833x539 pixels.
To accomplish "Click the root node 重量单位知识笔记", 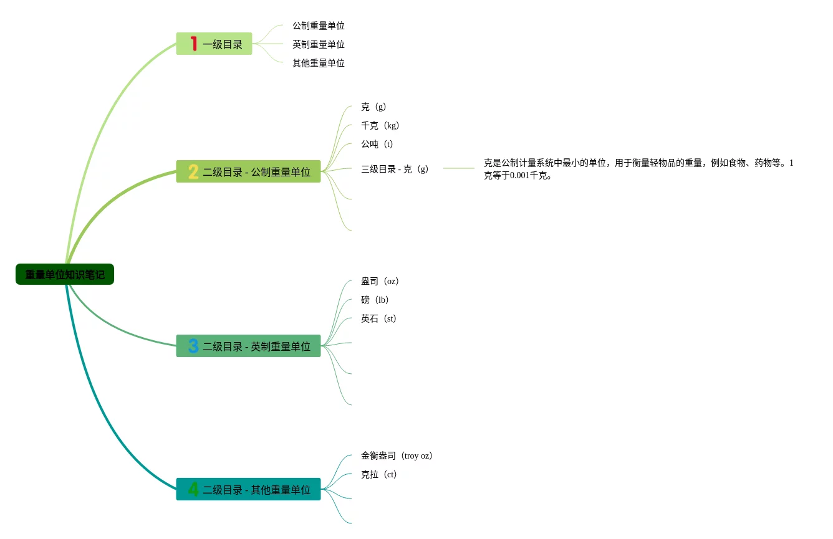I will (x=65, y=274).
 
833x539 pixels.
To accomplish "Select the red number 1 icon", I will (x=193, y=44).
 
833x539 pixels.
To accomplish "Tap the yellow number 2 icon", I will (x=193, y=171).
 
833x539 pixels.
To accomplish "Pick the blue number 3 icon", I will (x=193, y=346).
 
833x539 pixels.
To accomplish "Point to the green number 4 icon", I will (x=193, y=489).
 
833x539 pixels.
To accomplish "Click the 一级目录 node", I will (x=222, y=44).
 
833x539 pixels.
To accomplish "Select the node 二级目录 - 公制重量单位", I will (x=256, y=172).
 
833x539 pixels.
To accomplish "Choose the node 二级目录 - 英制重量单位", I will (x=256, y=346).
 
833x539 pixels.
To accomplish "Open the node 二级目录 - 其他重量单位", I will (x=256, y=490).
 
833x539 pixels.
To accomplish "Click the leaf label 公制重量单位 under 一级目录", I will (x=319, y=26).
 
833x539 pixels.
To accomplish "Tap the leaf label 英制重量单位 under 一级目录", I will (x=319, y=44).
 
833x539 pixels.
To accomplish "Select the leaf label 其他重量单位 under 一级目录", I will (x=319, y=63).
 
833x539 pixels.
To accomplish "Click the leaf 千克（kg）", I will (x=380, y=125).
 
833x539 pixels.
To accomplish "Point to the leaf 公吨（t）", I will (x=377, y=144).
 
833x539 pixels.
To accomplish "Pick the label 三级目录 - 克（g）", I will (x=395, y=169).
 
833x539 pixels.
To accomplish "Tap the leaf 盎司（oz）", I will (x=380, y=281).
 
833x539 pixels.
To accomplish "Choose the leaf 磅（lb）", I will (x=375, y=300).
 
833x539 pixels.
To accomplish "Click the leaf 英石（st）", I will (x=378, y=318).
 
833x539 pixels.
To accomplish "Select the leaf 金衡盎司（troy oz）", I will (x=397, y=456).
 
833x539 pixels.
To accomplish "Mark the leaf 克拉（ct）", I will (x=378, y=474).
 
